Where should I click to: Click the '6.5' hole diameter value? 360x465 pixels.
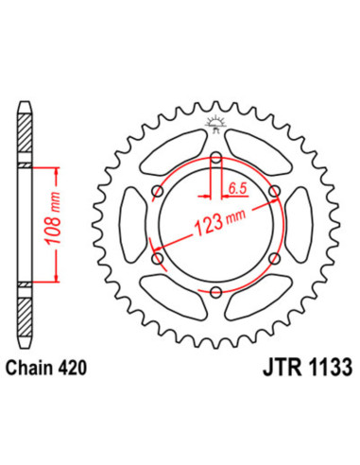(239, 188)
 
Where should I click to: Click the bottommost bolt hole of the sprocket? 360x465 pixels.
(215, 291)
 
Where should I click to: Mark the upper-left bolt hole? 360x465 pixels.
(157, 192)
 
